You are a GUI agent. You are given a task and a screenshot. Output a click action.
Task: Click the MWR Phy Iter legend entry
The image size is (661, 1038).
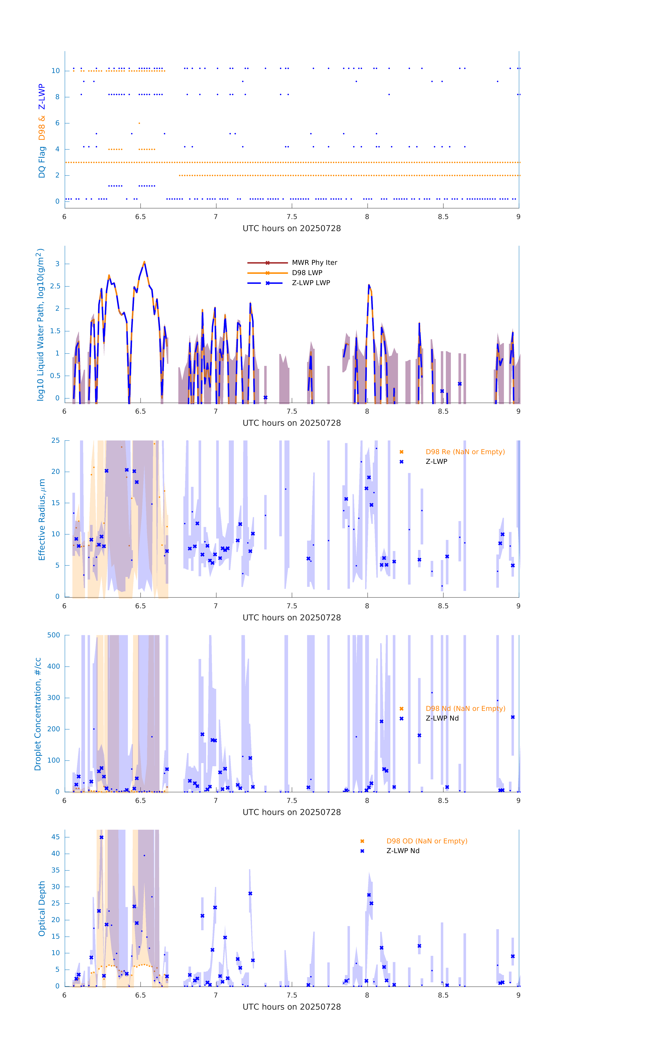point(314,262)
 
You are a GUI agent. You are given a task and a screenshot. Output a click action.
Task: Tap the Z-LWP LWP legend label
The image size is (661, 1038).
point(311,283)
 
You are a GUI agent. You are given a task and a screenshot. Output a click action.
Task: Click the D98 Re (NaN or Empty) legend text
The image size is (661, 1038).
point(465,452)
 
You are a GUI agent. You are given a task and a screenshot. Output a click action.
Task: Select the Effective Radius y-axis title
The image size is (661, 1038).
point(42,519)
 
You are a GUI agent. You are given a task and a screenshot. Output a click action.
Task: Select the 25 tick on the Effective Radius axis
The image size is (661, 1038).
point(55,441)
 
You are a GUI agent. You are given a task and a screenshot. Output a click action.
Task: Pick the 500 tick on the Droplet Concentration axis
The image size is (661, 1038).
point(54,635)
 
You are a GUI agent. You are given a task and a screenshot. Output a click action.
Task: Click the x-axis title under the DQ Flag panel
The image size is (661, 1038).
point(292,229)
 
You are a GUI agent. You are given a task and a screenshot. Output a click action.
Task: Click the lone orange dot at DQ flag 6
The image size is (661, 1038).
point(139,123)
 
